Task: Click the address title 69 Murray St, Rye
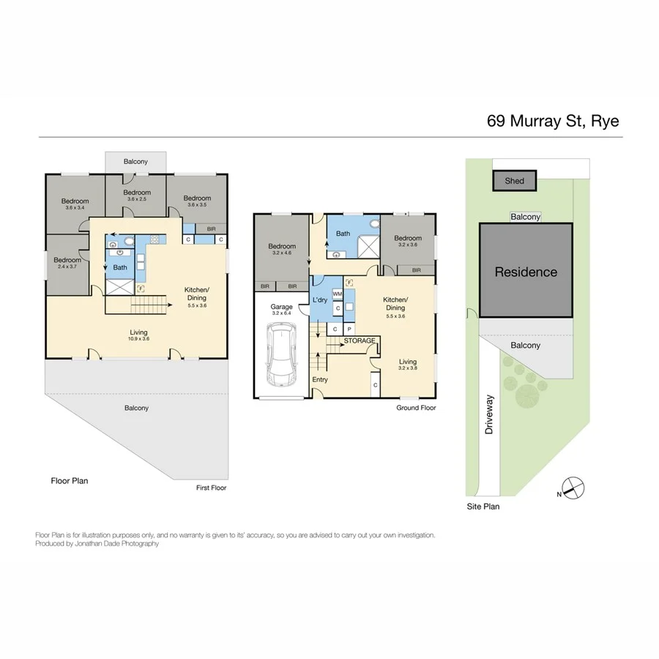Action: [x=553, y=120]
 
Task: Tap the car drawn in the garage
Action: [x=281, y=354]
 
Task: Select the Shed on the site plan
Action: [x=514, y=180]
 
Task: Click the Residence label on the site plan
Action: [x=526, y=272]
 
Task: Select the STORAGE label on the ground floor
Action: [x=360, y=340]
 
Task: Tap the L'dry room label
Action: [x=320, y=301]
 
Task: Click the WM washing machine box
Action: [x=338, y=294]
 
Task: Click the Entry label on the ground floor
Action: [x=320, y=379]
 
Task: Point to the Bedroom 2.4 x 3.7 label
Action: [x=67, y=263]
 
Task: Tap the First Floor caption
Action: [x=212, y=488]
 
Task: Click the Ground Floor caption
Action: [x=417, y=407]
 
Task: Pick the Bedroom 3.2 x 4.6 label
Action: [x=281, y=250]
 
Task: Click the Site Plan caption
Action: [x=483, y=506]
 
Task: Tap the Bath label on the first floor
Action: [x=119, y=267]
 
